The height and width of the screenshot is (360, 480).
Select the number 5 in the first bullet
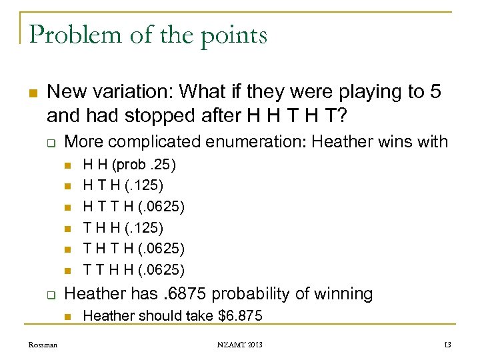[x=435, y=92]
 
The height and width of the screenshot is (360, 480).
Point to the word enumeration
[x=260, y=141]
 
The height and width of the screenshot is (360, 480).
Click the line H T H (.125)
[x=123, y=184]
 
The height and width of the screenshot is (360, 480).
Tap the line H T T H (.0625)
[x=133, y=207]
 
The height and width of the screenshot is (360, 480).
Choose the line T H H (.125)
[x=123, y=228]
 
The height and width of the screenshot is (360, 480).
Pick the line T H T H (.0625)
[x=133, y=249]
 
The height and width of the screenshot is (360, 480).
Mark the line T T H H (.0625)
[x=133, y=270]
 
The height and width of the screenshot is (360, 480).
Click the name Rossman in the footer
[x=43, y=345]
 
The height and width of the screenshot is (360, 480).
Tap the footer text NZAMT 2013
[x=239, y=345]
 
